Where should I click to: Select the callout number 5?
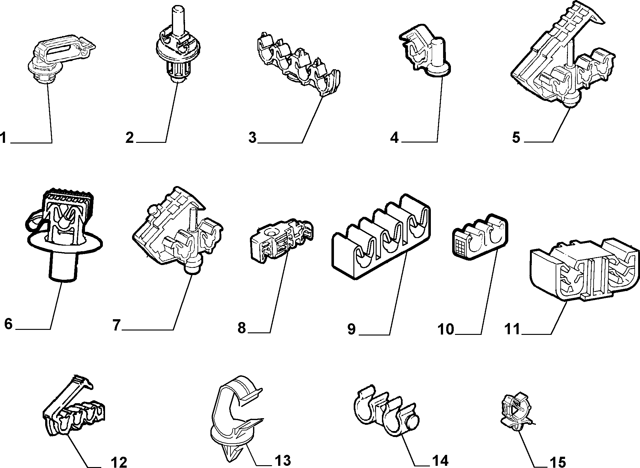pyautogui.click(x=516, y=137)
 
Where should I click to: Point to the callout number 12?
pyautogui.click(x=119, y=462)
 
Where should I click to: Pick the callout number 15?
pyautogui.click(x=558, y=462)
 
